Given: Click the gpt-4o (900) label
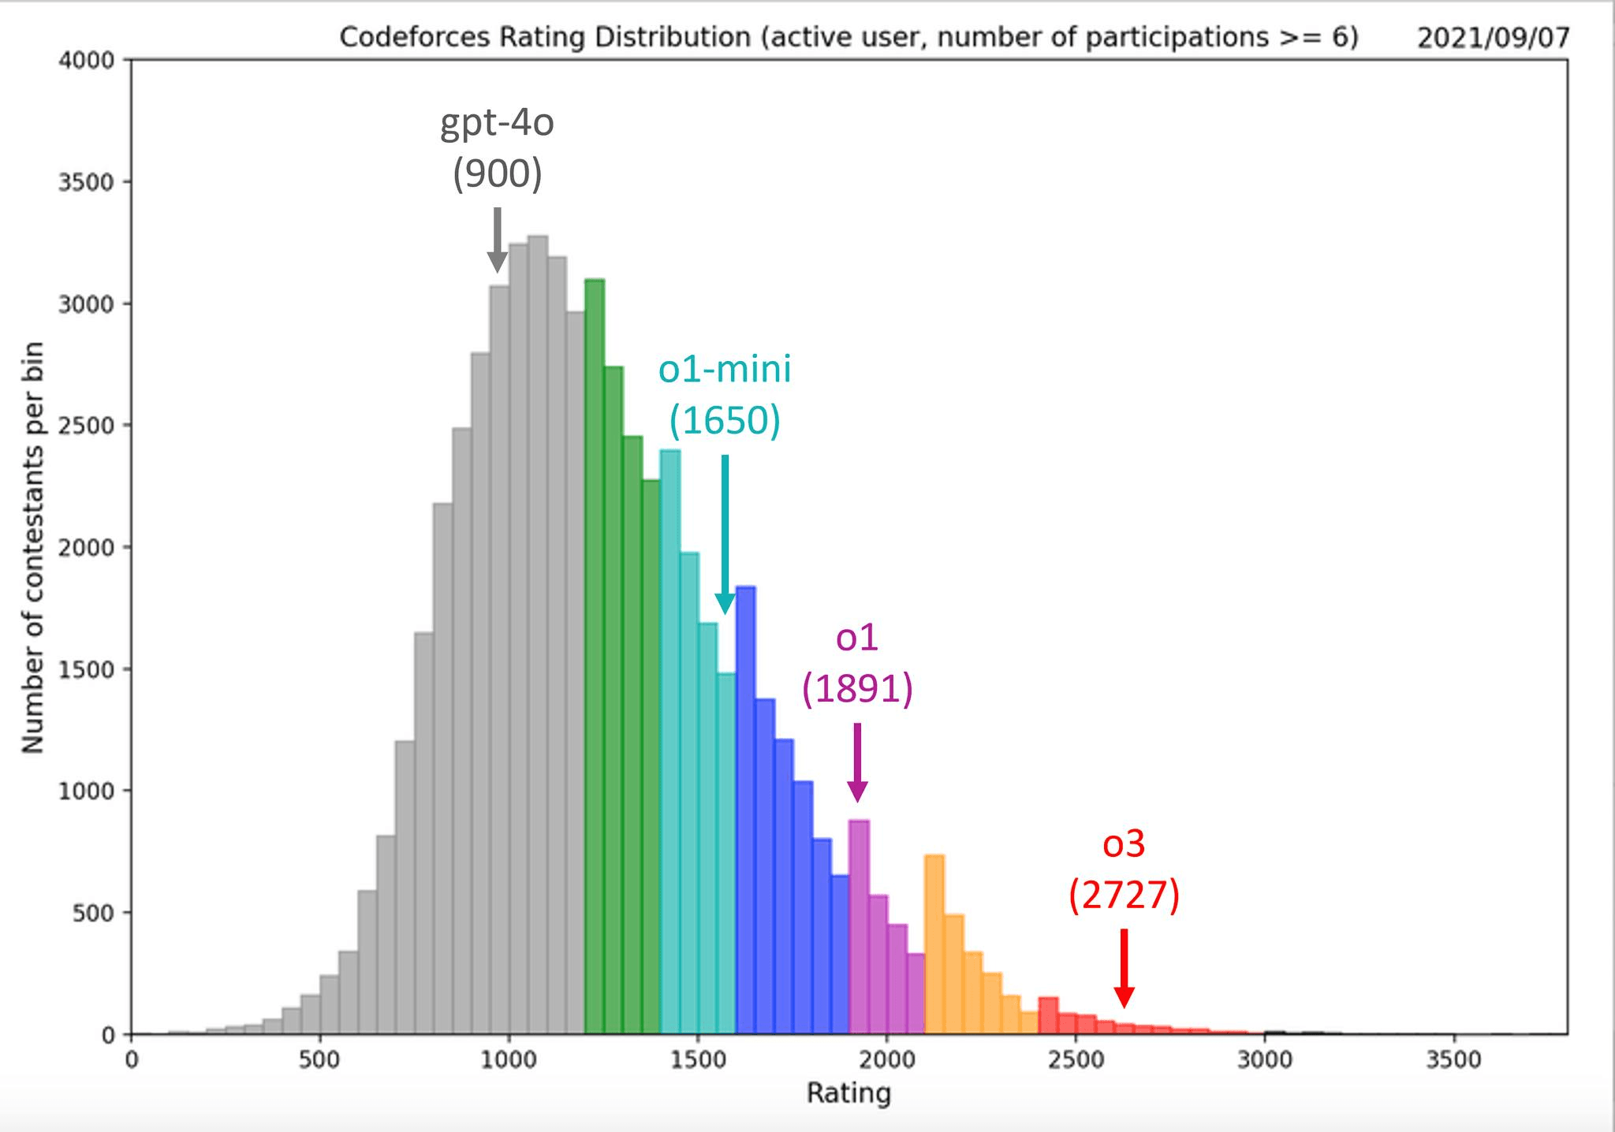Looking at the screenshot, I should coord(497,149).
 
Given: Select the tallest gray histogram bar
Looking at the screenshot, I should coord(538,631).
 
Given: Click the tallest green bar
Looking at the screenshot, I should coord(595,654).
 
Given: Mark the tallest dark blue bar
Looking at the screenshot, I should coord(746,812).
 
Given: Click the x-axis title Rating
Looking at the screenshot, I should coord(849,1093).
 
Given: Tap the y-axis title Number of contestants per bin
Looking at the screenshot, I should coord(32,547).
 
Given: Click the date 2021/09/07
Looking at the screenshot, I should coord(1493,38).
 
